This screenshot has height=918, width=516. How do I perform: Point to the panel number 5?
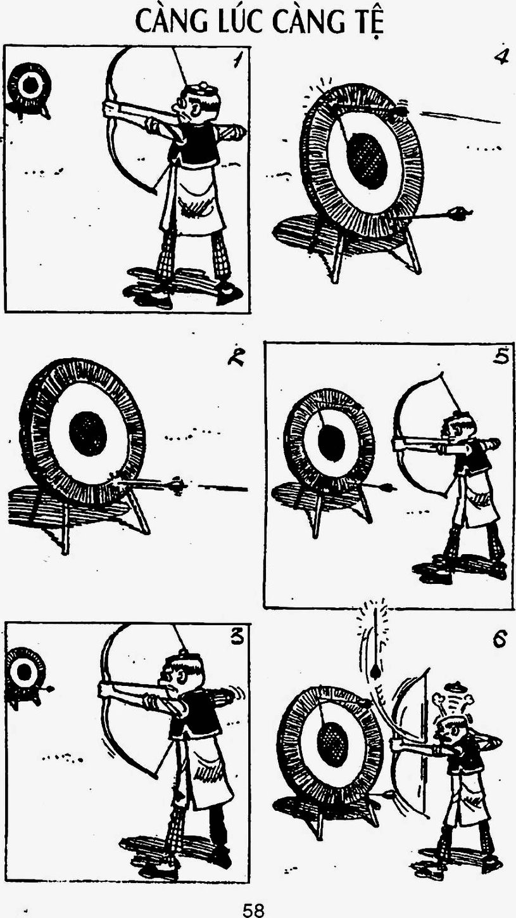pos(500,358)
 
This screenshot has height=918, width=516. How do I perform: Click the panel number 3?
pos(237,638)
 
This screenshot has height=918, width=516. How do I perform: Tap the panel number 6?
pos(500,640)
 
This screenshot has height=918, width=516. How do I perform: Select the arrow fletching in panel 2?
pos(175,486)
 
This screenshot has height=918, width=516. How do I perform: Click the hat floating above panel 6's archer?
pos(453,686)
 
